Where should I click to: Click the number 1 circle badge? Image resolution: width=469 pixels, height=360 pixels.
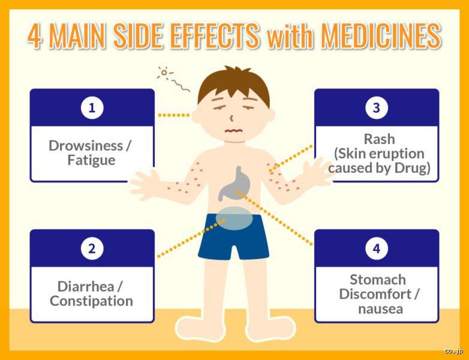point(92,108)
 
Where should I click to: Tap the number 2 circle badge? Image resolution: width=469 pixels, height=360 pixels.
point(92,248)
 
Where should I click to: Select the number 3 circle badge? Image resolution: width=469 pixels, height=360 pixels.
point(377,108)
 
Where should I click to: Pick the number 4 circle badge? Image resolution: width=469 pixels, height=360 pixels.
point(377,248)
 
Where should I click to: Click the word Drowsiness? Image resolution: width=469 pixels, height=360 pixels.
point(86,146)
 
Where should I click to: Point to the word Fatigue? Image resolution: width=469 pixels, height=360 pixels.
point(91,160)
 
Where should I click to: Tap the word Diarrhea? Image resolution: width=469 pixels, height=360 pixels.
point(86,286)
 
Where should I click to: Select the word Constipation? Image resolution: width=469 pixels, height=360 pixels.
point(92,301)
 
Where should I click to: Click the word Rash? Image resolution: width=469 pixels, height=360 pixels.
point(379,139)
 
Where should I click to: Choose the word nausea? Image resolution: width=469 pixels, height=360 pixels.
point(380,309)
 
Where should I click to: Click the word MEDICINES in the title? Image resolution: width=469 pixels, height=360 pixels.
point(381,35)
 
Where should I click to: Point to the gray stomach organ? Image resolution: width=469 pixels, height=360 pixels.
point(235,184)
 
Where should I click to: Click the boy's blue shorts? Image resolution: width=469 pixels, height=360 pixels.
point(234,236)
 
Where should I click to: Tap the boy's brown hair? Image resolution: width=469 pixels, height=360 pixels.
point(234,84)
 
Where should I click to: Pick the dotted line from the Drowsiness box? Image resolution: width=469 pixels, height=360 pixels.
point(174,115)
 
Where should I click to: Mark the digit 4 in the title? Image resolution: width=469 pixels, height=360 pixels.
point(34,36)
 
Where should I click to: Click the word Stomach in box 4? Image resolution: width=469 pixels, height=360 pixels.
point(378,280)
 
